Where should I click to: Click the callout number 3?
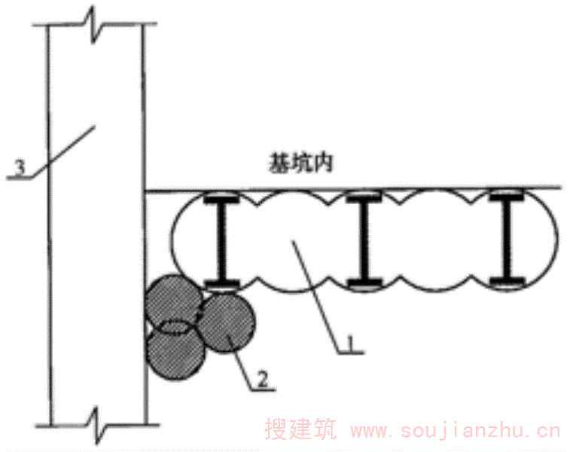pos(20,167)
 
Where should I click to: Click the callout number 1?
pos(350,343)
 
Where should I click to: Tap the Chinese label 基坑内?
pos(300,163)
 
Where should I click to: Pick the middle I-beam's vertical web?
pos(364,240)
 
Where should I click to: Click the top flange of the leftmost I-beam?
pos(221,200)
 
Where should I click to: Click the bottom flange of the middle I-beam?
pos(364,282)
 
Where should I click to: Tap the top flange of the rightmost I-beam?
pos(507,197)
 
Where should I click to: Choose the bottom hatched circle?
pos(175,352)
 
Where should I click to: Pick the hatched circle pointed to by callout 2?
pos(227,322)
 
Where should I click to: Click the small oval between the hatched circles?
pos(178,326)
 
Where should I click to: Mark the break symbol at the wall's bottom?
pos(97,425)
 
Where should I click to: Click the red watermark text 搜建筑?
pos(300,429)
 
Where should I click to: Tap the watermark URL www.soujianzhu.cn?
pos(455,430)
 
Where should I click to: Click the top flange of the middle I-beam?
pos(364,198)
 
